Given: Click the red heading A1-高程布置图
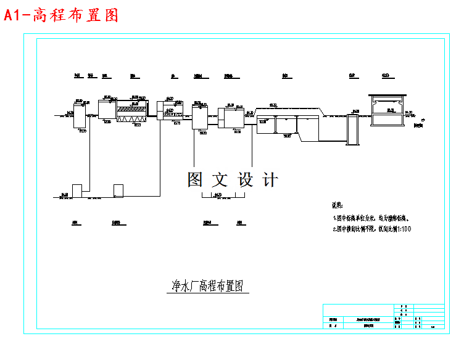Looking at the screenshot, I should [x=61, y=15].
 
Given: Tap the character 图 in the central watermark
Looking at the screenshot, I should [x=196, y=179].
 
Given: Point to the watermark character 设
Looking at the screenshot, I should [x=246, y=179].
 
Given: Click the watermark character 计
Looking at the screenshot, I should [x=270, y=179].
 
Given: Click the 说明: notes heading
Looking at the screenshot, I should [x=341, y=206].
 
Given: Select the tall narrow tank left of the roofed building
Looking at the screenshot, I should [x=353, y=129].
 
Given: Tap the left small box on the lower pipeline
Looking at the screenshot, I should [x=77, y=190].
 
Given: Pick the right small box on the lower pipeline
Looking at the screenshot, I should [x=118, y=190].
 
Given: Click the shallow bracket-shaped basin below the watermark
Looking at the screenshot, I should [x=224, y=197].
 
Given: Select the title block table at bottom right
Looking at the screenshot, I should [x=383, y=317].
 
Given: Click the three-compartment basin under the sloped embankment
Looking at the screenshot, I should [x=287, y=125].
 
